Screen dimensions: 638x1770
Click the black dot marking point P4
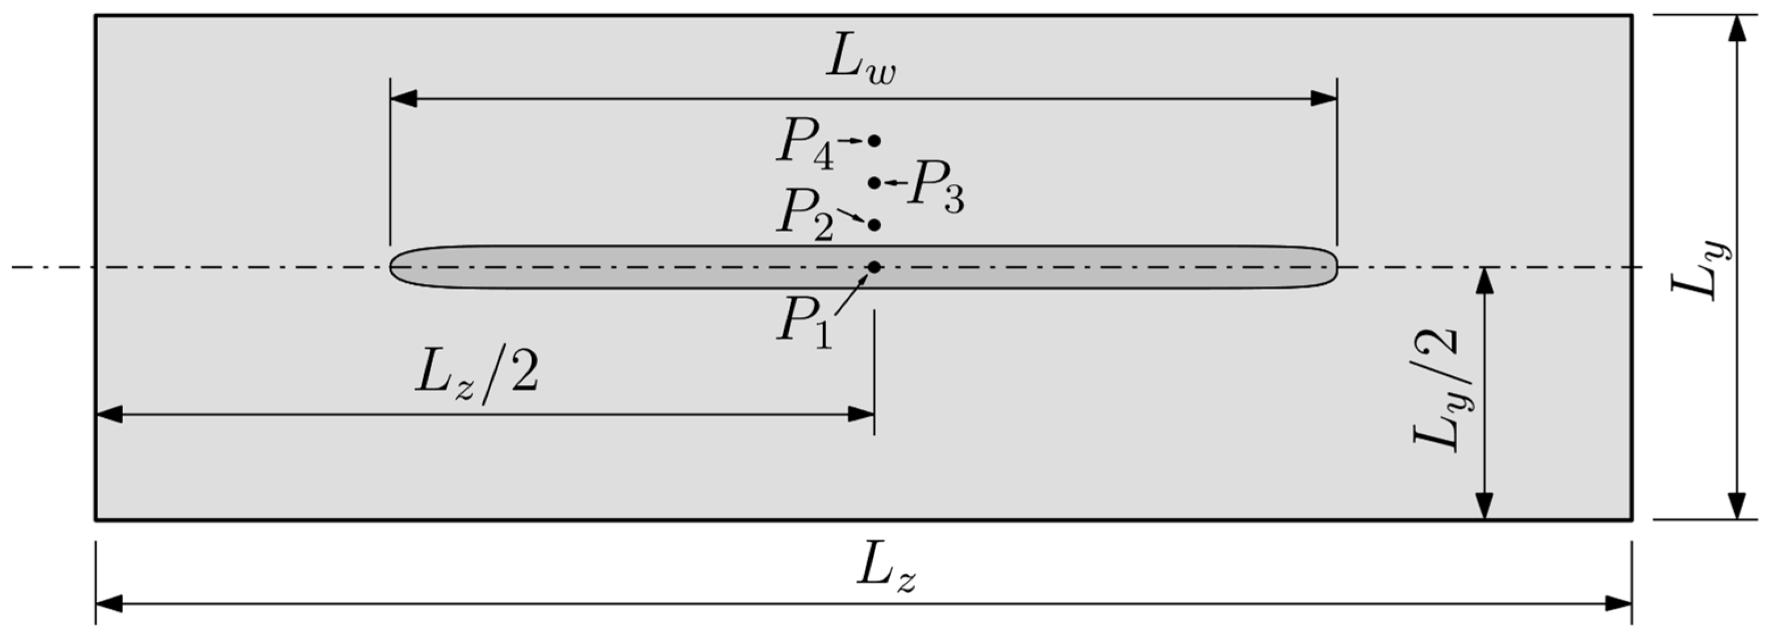coord(874,141)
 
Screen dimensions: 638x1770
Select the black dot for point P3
coord(874,183)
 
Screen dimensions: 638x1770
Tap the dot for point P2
coord(874,225)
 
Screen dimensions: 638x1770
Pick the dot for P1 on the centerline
coord(874,266)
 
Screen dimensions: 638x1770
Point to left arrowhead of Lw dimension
coord(402,99)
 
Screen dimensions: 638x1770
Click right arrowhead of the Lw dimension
coord(1325,99)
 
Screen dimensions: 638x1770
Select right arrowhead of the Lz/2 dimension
coord(861,414)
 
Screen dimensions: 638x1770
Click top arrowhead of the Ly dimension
coord(1737,27)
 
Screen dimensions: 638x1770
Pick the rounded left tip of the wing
coord(393,266)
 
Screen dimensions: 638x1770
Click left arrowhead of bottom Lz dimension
coord(108,605)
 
